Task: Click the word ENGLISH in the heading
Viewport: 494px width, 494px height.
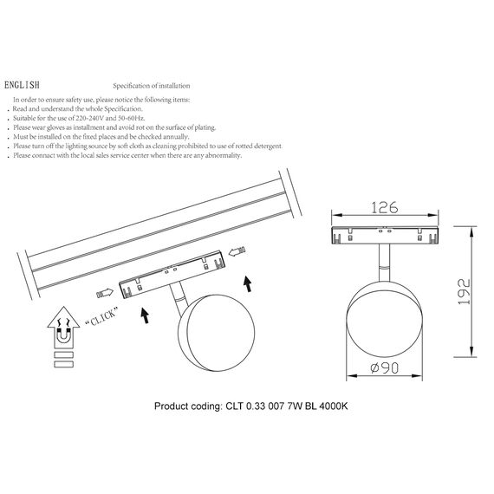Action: pyautogui.click(x=22, y=87)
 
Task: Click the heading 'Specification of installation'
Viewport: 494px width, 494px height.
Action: pyautogui.click(x=152, y=87)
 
